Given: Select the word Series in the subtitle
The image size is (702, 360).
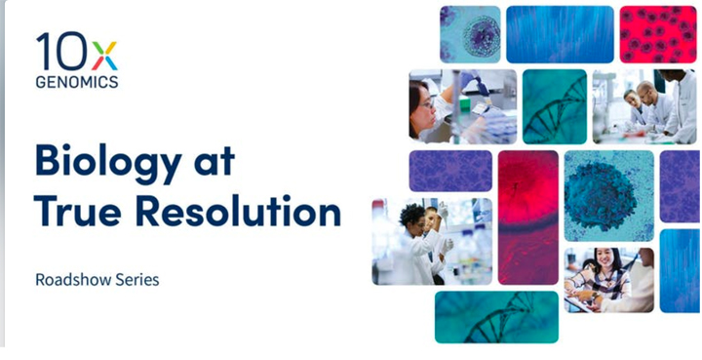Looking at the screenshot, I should click(x=135, y=279).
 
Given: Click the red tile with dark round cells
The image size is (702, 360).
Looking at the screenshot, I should click(x=658, y=34).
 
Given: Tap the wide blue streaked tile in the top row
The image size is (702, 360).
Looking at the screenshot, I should click(x=560, y=34).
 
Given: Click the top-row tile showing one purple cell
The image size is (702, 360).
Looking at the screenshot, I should click(x=470, y=34).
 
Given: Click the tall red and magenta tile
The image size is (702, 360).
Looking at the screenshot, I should click(x=527, y=218).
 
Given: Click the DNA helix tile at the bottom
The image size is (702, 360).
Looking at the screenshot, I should click(x=496, y=316).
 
